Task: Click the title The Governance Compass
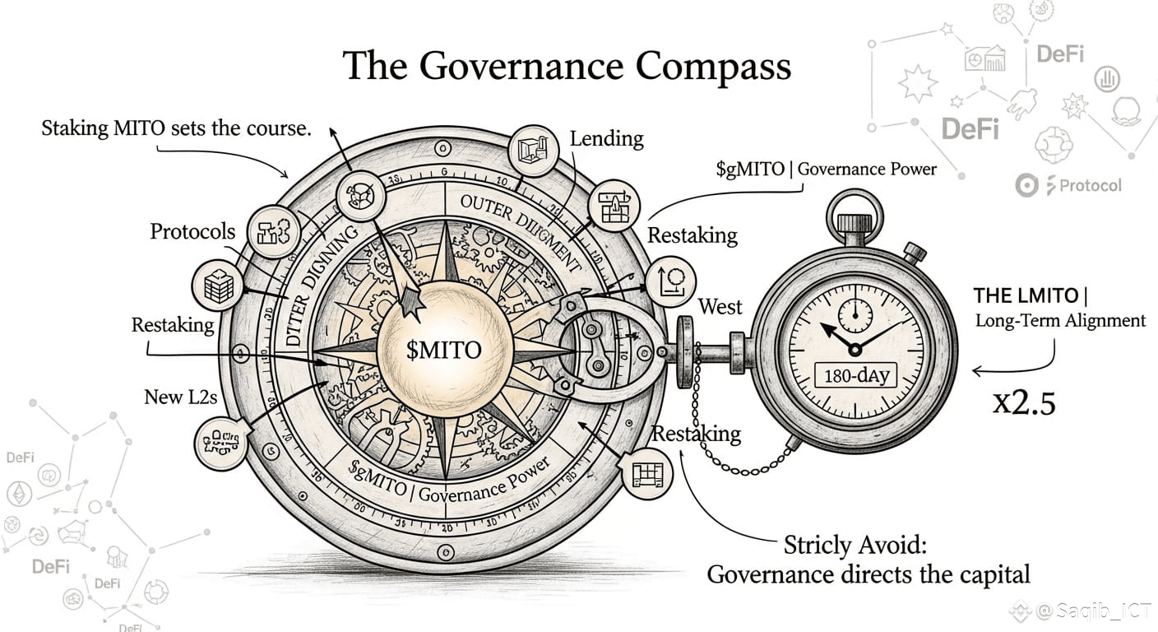click(567, 66)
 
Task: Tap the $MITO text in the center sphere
click(443, 349)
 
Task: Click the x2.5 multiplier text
click(1024, 403)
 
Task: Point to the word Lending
click(607, 138)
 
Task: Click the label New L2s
click(180, 397)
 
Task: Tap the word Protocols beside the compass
click(192, 232)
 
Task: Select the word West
click(720, 307)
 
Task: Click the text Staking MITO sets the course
click(176, 128)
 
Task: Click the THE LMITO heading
click(1035, 295)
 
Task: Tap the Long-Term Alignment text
click(1060, 321)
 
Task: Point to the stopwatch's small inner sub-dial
click(855, 314)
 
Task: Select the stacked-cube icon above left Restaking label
click(217, 286)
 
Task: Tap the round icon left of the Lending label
click(534, 151)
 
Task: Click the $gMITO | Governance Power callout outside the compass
click(826, 170)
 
